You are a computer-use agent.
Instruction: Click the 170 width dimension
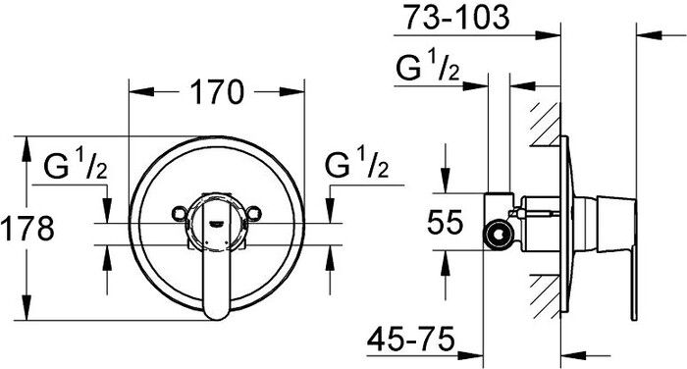pos(217,92)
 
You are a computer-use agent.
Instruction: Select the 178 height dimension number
pos(27,228)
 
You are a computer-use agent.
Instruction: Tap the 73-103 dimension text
pos(456,17)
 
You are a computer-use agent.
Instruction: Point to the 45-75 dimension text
pos(410,339)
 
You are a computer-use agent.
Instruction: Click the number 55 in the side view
pos(445,222)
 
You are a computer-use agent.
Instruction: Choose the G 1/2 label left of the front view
pos(76,164)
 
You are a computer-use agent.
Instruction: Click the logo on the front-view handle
pos(218,223)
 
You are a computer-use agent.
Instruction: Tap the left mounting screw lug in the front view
pos(179,213)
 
